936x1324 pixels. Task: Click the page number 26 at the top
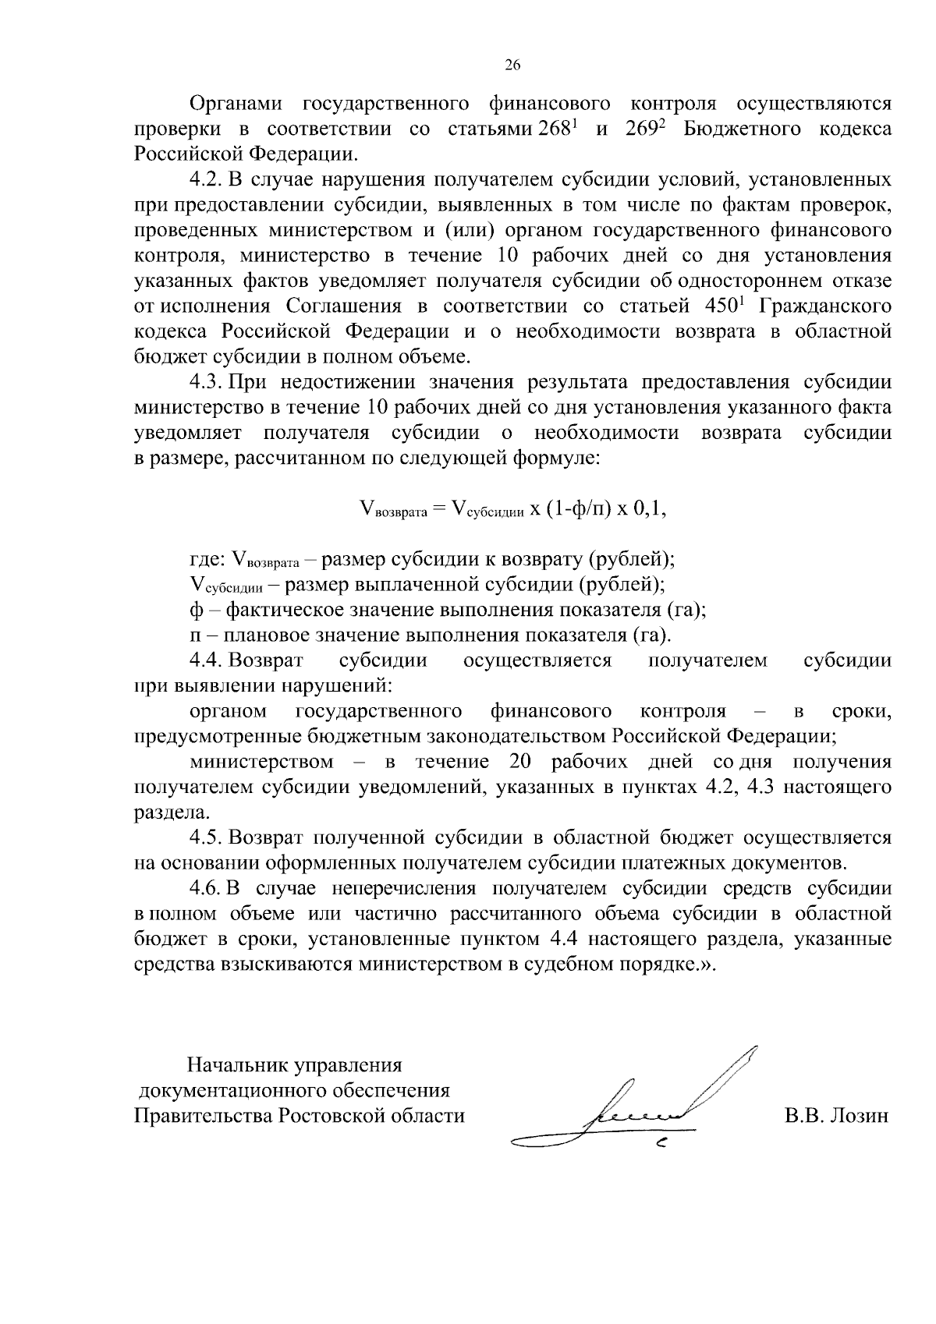512,65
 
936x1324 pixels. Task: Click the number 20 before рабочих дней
520,762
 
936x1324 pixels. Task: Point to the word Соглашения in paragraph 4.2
344,306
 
